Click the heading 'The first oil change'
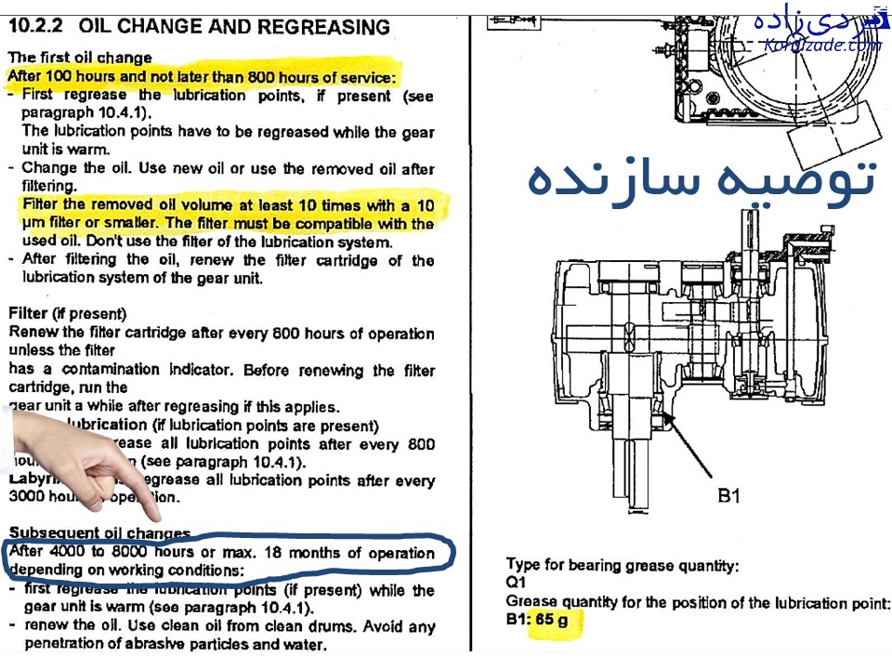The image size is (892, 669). click(x=79, y=57)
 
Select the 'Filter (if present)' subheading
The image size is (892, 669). click(x=67, y=314)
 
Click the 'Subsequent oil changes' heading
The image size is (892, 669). click(x=99, y=533)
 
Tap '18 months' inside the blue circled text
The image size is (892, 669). click(x=306, y=553)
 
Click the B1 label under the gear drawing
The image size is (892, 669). click(x=728, y=497)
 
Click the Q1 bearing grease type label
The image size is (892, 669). click(x=516, y=583)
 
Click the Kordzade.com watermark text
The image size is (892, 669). click(x=821, y=45)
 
